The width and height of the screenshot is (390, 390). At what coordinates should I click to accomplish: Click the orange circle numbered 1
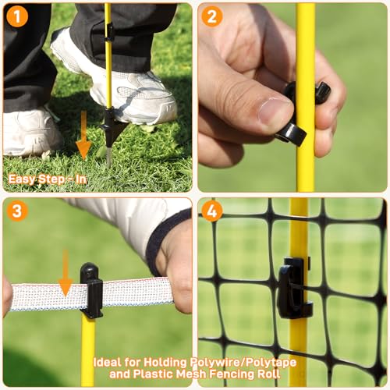(17, 16)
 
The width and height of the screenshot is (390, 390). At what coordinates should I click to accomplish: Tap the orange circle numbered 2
(212, 16)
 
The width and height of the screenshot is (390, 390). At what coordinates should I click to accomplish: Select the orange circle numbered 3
(17, 211)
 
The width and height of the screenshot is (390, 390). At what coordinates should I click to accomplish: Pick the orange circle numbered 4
(212, 211)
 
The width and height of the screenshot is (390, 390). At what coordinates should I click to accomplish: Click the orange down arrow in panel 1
(83, 135)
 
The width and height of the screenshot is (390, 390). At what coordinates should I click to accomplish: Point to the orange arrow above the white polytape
(65, 273)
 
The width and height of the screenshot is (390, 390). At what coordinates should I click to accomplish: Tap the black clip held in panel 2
(302, 115)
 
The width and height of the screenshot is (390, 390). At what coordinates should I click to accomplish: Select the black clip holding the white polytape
(91, 291)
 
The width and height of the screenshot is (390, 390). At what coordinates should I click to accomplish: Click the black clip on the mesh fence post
(294, 288)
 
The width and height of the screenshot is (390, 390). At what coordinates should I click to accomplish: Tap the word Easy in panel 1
(22, 179)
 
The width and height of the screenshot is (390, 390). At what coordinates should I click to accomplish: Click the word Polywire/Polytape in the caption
(243, 363)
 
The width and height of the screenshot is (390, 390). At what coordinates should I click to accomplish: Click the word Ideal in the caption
(107, 362)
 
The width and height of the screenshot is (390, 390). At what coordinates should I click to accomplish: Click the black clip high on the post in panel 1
(110, 32)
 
